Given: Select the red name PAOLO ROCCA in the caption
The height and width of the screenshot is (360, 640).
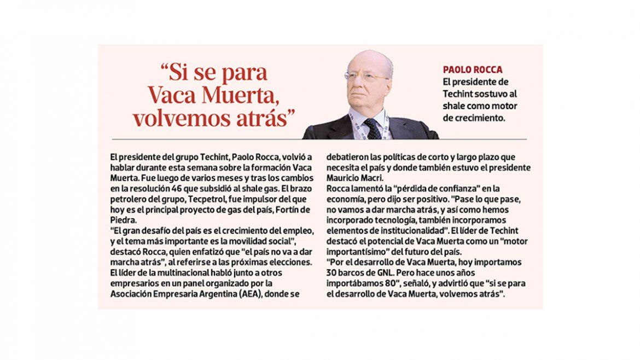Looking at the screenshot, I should (x=472, y=69).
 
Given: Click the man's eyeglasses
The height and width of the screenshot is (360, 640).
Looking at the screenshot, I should (x=367, y=77).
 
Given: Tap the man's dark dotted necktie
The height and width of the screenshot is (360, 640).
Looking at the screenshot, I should (x=373, y=129).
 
